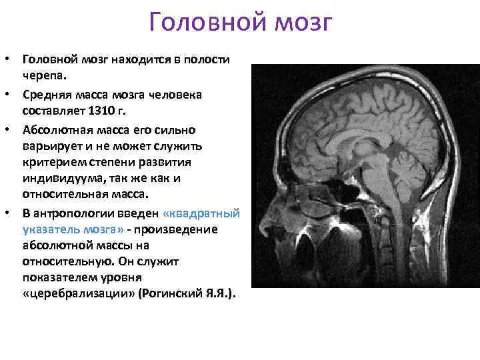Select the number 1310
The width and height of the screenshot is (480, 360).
[105, 109]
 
